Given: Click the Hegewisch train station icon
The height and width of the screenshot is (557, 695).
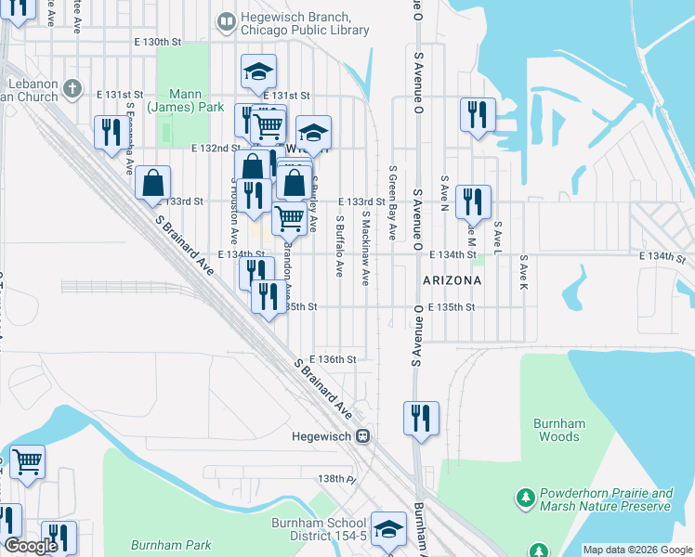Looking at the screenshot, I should (x=365, y=435).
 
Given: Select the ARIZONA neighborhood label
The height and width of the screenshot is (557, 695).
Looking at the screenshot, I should (x=452, y=279).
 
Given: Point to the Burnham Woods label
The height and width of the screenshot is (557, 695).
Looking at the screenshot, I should (x=559, y=430).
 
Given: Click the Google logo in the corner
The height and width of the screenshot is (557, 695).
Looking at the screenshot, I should (x=31, y=546).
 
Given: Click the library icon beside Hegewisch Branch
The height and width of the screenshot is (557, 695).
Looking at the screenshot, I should (x=225, y=20).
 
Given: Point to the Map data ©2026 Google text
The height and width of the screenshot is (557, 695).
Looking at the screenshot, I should (x=636, y=550).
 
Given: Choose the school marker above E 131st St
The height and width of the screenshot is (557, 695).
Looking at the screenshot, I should (x=259, y=71).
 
